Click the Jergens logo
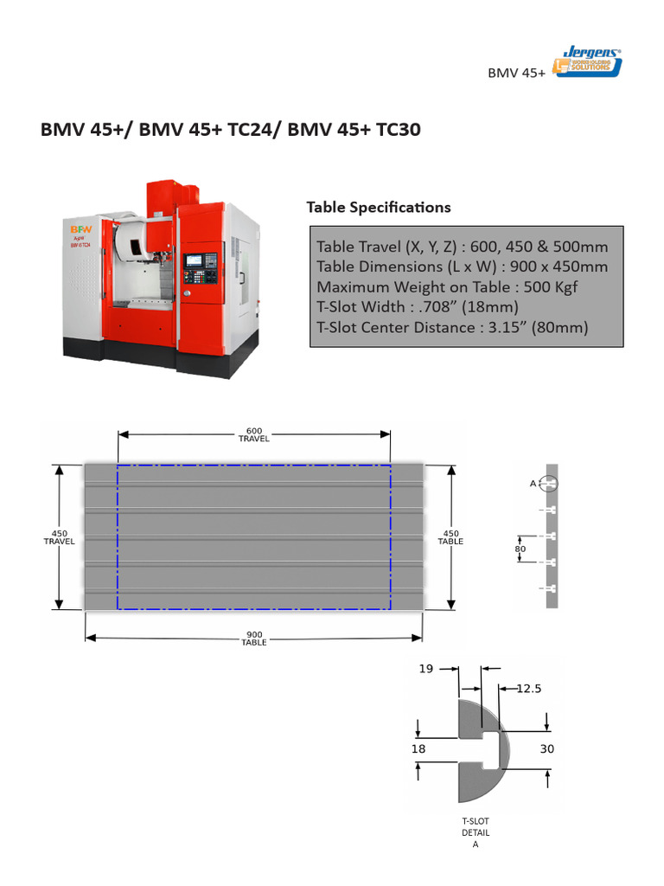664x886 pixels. click(x=588, y=62)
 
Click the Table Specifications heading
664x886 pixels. click(x=378, y=208)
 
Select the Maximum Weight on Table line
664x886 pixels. click(x=446, y=286)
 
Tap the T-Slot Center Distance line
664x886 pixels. click(x=452, y=327)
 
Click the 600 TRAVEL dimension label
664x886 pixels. click(x=253, y=434)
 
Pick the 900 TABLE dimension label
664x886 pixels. click(x=253, y=639)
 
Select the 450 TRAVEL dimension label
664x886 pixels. click(x=59, y=537)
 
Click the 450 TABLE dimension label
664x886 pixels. click(x=450, y=537)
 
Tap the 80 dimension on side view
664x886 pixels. click(x=520, y=548)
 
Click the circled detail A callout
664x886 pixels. click(x=551, y=483)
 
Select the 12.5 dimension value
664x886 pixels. click(x=529, y=689)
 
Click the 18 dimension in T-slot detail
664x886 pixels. click(x=418, y=749)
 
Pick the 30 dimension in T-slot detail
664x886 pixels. click(x=546, y=749)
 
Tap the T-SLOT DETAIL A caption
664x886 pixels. click(x=475, y=831)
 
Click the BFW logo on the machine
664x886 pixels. click(x=80, y=228)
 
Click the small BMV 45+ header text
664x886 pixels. click(x=516, y=74)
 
